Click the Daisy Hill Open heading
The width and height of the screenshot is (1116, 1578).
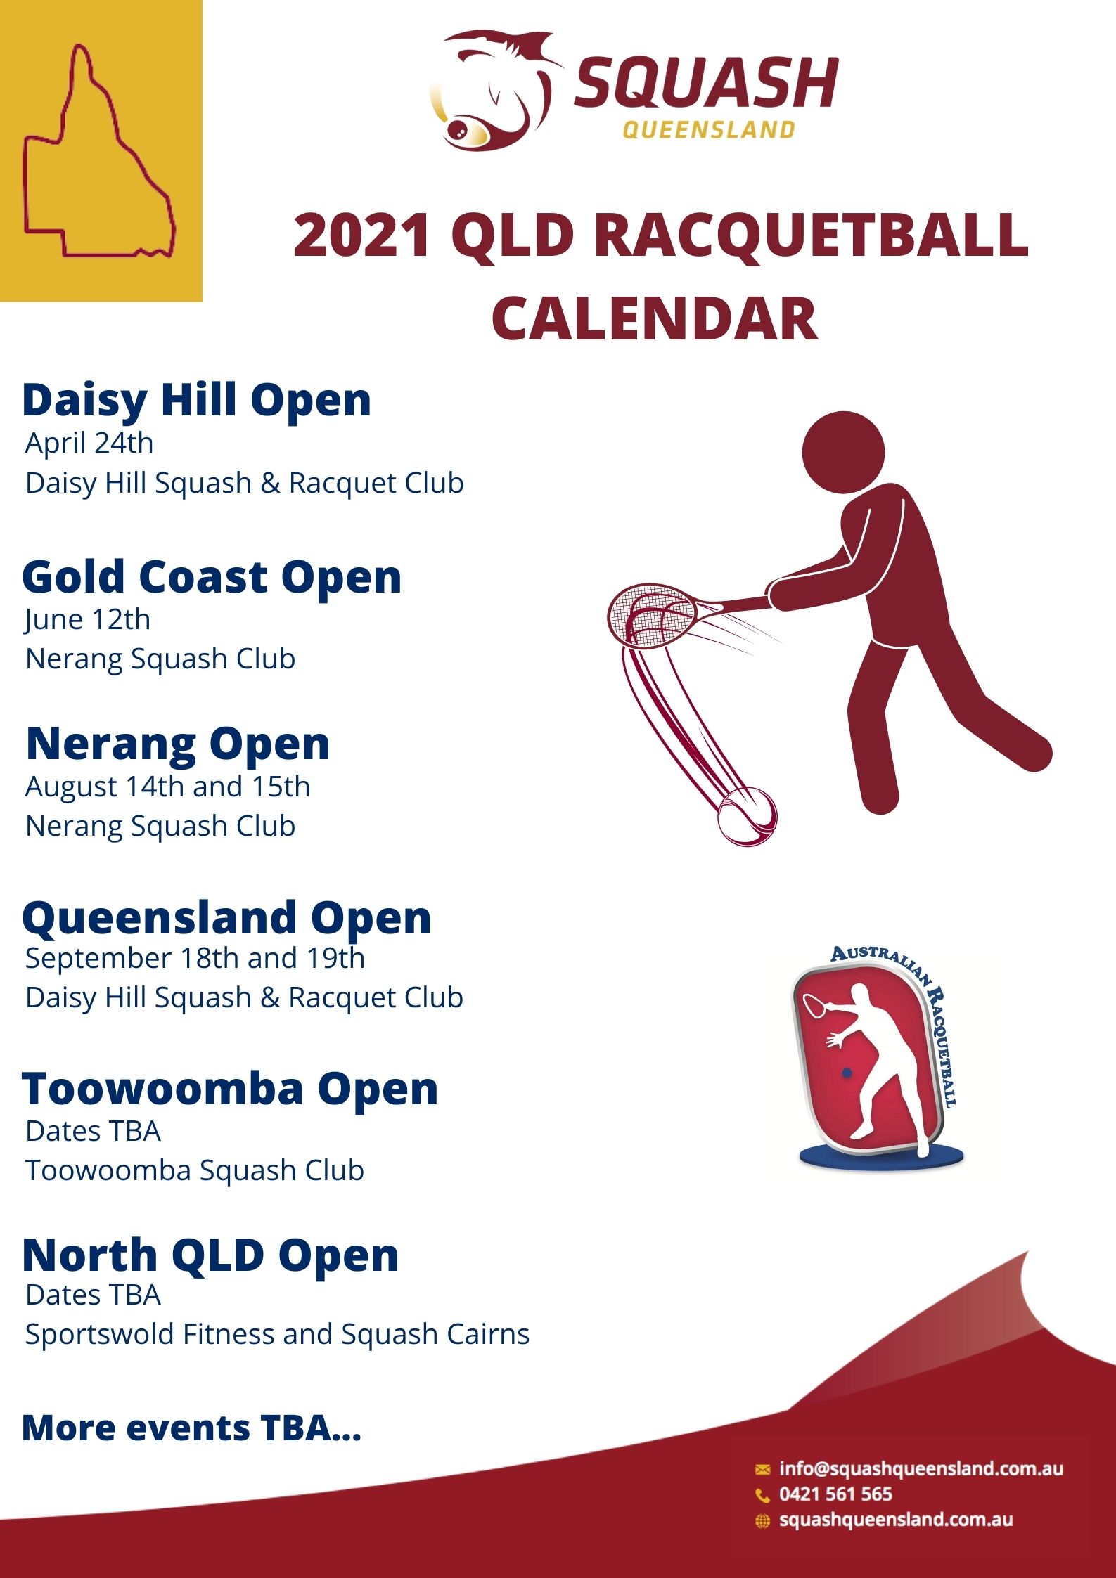(x=196, y=401)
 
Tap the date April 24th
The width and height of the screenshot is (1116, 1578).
(x=89, y=444)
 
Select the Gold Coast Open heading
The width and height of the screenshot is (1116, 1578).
(x=212, y=577)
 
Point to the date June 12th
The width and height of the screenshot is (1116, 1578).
(x=88, y=620)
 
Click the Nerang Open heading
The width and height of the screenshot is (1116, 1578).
(x=178, y=744)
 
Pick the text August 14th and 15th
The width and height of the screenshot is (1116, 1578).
(x=167, y=787)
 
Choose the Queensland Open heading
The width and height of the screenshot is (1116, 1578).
(x=226, y=918)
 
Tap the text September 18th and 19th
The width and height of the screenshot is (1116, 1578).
(x=195, y=959)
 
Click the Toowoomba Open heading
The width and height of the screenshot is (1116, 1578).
(x=230, y=1089)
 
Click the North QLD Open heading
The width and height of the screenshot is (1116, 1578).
(x=210, y=1255)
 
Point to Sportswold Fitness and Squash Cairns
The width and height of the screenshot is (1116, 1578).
(x=277, y=1335)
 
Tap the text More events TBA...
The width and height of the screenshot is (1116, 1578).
(x=191, y=1428)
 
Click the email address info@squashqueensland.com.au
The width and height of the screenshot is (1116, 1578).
(x=921, y=1468)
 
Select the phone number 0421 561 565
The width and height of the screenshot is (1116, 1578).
(x=835, y=1494)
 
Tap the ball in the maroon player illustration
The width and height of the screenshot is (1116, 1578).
(x=747, y=815)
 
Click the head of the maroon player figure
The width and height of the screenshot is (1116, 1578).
(x=843, y=451)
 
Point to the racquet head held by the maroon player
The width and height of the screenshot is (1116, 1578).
(x=651, y=614)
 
